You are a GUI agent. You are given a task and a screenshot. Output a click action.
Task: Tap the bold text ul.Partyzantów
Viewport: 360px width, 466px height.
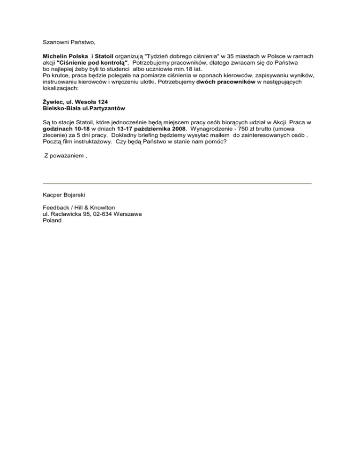(105, 108)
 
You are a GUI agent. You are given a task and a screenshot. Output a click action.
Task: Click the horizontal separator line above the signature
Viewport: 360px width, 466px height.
(177, 183)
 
